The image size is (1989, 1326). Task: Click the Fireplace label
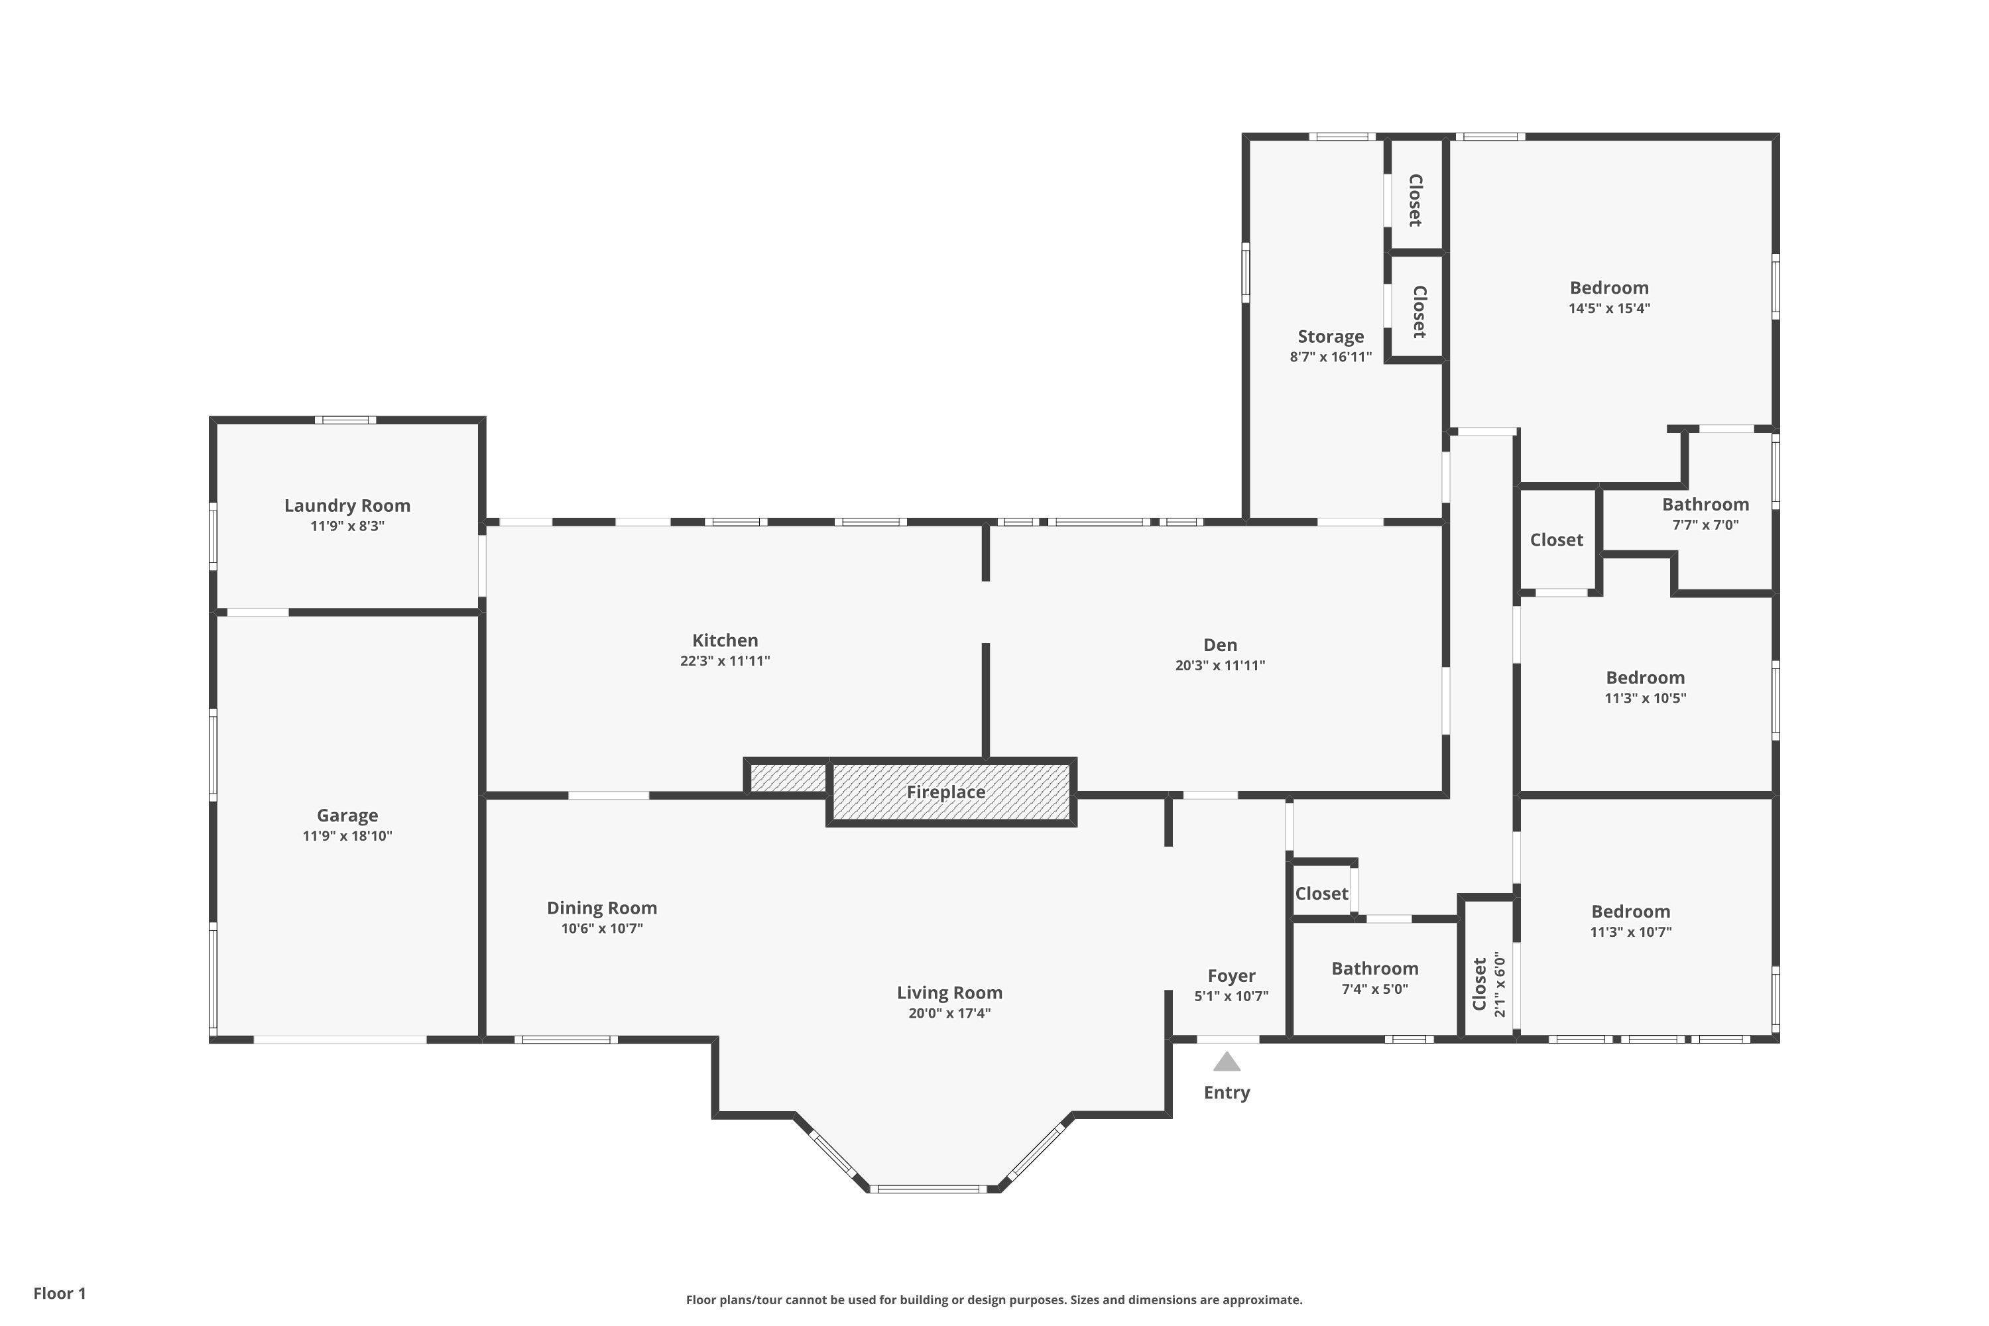[945, 792]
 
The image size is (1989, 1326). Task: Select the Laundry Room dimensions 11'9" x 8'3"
[347, 526]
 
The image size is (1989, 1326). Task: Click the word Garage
[347, 815]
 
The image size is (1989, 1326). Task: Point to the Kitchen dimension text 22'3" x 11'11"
[725, 660]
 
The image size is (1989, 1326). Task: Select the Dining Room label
[601, 908]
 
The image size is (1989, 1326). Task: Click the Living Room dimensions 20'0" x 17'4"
[949, 1013]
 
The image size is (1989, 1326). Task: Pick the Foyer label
[1231, 976]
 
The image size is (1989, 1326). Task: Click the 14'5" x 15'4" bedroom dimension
[1608, 308]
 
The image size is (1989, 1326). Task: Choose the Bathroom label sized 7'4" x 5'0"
[1374, 968]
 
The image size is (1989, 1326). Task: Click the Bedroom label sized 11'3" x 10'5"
[1645, 678]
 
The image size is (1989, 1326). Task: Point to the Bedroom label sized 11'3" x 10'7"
[1630, 912]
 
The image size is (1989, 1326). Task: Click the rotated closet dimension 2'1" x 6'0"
[1499, 985]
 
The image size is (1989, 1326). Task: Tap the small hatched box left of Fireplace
[788, 778]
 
